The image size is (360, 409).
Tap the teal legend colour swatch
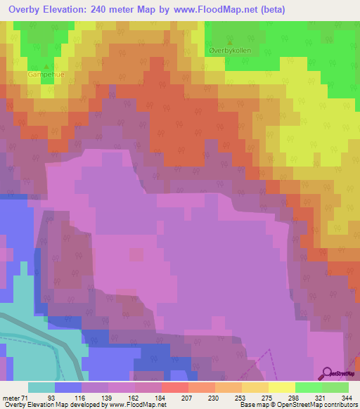click(41, 387)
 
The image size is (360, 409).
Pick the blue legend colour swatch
click(68, 387)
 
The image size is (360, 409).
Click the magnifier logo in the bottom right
click(327, 372)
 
